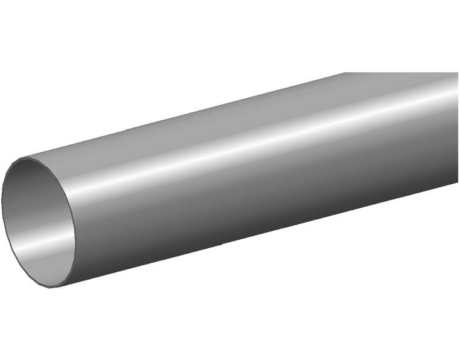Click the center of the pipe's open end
[x=39, y=222]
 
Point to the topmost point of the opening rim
[x=27, y=158]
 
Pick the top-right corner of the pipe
[x=457, y=73]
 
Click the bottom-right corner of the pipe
[x=457, y=182]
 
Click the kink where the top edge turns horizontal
[x=346, y=73]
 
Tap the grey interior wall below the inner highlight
[x=42, y=266]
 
